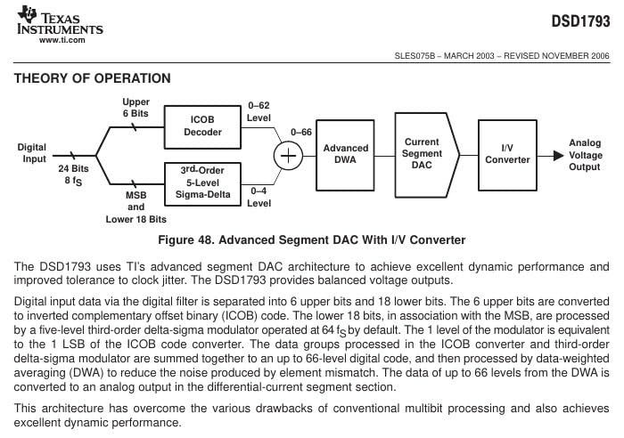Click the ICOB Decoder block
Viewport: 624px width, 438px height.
[x=202, y=126]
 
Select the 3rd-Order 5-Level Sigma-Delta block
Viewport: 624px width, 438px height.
[x=202, y=183]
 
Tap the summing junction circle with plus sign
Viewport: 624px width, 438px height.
[x=288, y=156]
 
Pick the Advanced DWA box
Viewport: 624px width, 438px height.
[x=345, y=155]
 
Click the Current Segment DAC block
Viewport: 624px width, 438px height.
[x=426, y=155]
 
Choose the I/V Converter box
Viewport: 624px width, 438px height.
[x=507, y=155]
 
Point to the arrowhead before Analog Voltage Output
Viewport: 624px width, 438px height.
[x=558, y=156]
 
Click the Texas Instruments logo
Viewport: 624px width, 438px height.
[x=60, y=24]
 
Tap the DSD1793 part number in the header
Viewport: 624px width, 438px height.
[x=580, y=21]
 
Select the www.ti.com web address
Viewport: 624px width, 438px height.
[x=62, y=40]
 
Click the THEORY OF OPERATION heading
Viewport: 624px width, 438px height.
[x=93, y=78]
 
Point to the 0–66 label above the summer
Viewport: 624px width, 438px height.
[x=301, y=133]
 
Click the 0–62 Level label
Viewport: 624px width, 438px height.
[x=259, y=111]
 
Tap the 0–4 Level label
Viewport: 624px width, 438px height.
[x=259, y=197]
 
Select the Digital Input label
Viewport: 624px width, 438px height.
[x=32, y=153]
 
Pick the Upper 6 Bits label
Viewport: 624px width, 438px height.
[x=135, y=108]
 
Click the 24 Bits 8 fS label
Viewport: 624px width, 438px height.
[x=74, y=174]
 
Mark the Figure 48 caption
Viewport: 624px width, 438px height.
[x=312, y=240]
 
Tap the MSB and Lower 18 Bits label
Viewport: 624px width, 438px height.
[x=136, y=207]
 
